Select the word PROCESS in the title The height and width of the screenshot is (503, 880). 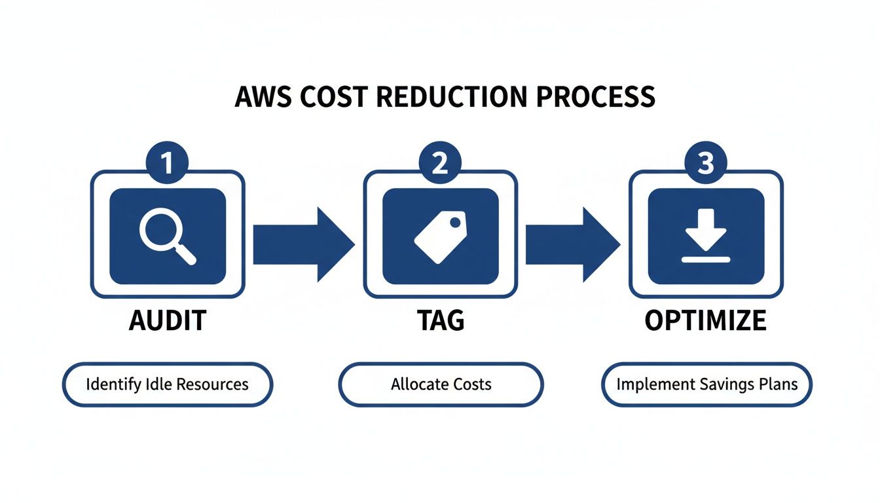coord(595,97)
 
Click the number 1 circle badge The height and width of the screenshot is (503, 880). coord(168,162)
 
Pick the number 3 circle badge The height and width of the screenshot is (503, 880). coord(706,162)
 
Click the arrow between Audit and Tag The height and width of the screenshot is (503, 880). coord(302,244)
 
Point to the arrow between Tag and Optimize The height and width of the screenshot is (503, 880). coord(572,244)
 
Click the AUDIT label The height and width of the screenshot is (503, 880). coord(168,320)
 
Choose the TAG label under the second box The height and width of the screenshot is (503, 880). coord(441,320)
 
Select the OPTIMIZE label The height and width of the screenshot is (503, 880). coord(705,320)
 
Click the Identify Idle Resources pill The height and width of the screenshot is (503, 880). coord(167,384)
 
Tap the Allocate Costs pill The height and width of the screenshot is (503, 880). coord(441,384)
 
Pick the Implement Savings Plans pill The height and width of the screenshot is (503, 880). coord(706,384)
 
